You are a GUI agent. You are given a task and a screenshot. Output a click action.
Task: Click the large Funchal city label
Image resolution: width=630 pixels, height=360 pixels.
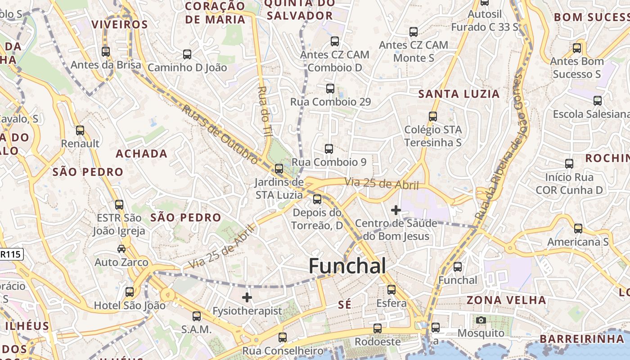pos(347,266)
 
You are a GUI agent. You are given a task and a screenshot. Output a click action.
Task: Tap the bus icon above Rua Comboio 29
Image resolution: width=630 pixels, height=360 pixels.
pos(330,88)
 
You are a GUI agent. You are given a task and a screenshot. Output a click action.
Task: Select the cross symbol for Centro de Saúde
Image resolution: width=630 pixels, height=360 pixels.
pos(396,210)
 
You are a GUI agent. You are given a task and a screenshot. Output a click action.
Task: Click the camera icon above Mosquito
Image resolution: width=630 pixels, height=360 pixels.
pos(481,320)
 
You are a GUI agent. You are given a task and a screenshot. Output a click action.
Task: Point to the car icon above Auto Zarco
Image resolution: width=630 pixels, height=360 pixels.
pos(121,248)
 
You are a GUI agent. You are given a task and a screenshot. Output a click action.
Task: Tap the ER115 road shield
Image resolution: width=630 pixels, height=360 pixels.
pos(10,254)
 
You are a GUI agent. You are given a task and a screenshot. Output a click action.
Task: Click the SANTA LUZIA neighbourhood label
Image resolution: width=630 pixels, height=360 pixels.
pos(459,94)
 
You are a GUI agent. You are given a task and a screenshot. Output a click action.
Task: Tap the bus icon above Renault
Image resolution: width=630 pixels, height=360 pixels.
pos(80,130)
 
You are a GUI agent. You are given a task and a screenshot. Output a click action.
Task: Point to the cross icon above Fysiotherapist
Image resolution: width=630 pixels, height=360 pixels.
pos(247,297)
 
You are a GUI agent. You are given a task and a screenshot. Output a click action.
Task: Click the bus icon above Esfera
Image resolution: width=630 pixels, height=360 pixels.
pos(391,289)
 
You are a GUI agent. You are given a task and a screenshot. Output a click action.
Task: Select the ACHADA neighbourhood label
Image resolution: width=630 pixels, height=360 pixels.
pos(141,154)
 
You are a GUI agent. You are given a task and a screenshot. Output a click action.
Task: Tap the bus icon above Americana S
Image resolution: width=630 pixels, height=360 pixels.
pos(578,229)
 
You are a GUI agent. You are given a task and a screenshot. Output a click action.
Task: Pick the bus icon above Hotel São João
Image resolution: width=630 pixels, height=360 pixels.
pos(130,292)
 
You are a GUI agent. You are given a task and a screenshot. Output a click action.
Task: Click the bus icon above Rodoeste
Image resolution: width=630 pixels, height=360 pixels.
pos(378,328)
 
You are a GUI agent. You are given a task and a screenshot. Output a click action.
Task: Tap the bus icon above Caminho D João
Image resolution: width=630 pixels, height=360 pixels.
pos(187,54)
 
